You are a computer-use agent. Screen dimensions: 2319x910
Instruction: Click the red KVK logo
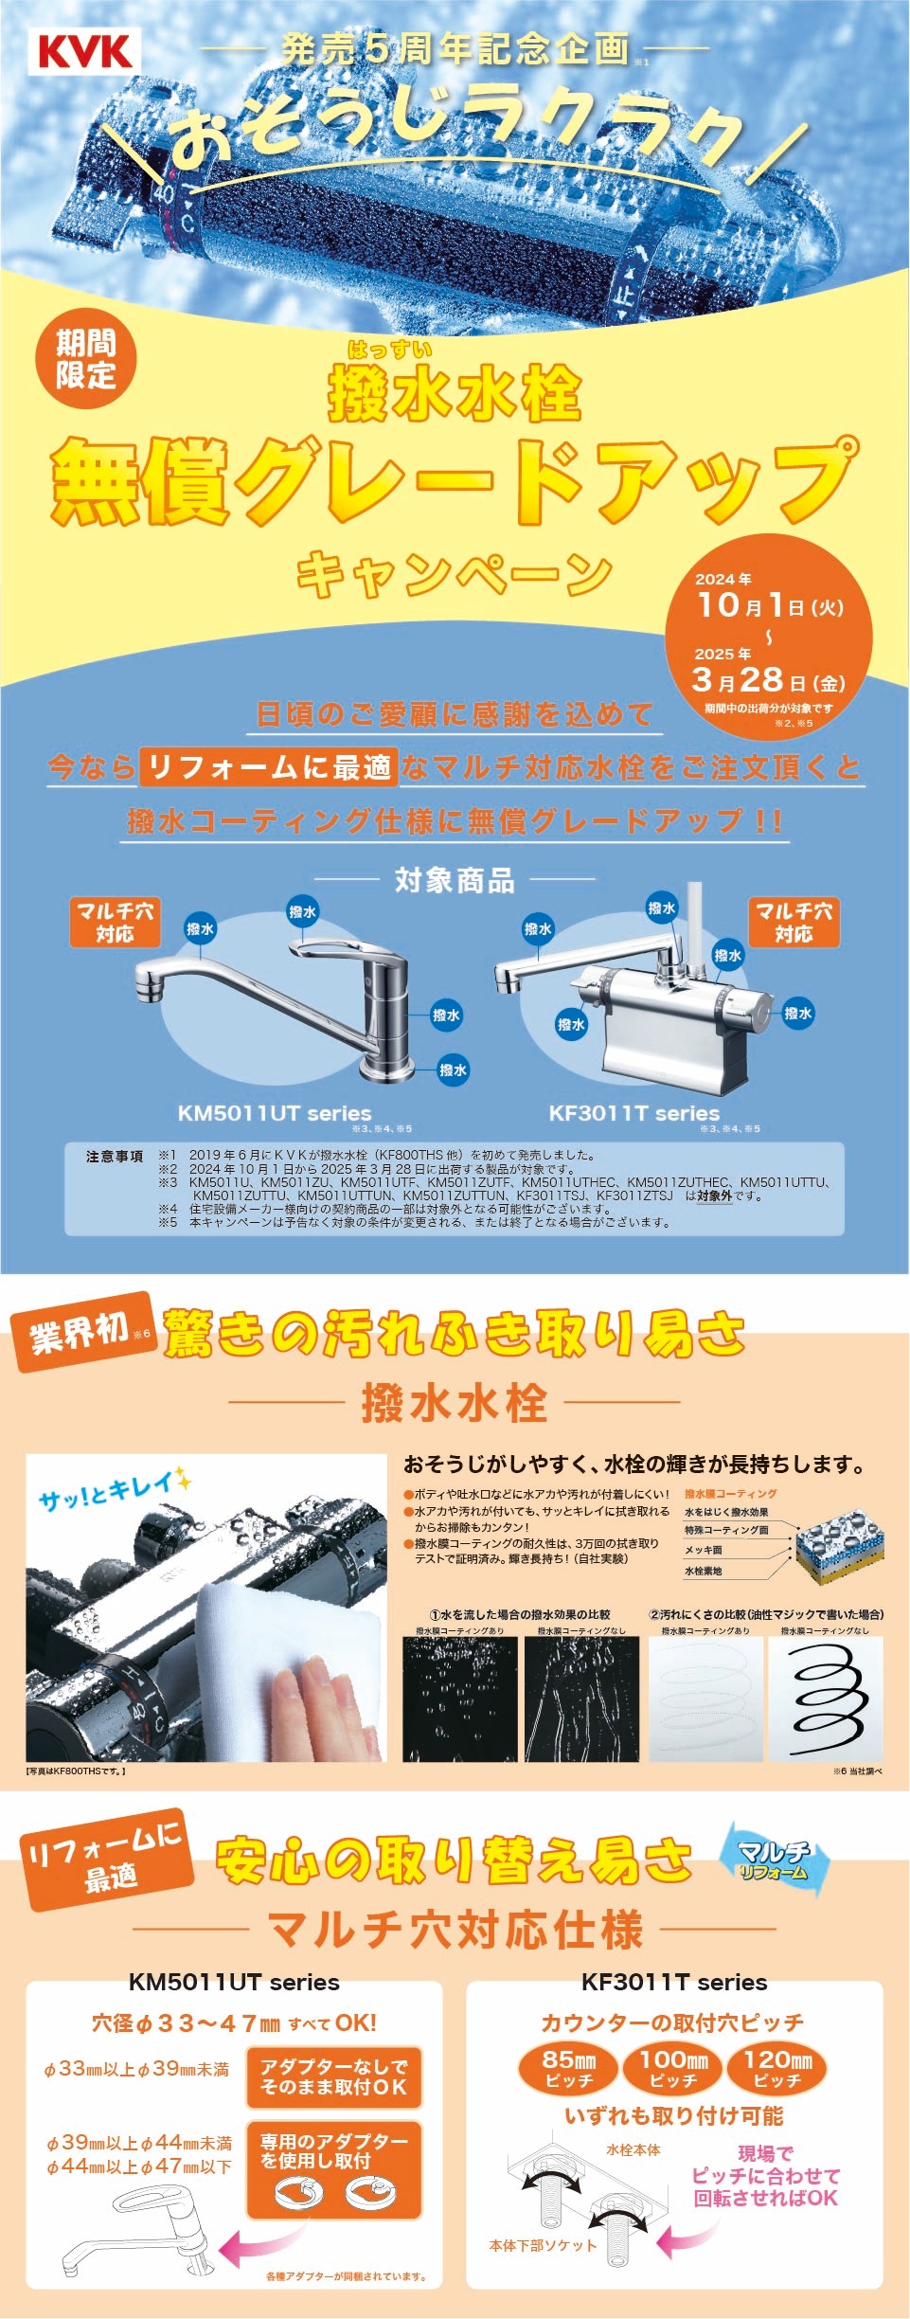tap(84, 51)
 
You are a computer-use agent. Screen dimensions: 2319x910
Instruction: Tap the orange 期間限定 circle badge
tap(85, 359)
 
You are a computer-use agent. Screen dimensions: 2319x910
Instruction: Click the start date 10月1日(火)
tap(769, 604)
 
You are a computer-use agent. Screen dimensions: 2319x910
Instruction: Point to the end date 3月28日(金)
tap(768, 680)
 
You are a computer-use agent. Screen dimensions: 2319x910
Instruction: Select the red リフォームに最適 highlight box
tap(268, 766)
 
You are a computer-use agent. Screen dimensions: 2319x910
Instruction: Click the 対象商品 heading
tap(455, 880)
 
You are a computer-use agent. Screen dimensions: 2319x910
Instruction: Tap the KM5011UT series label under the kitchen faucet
tap(275, 1113)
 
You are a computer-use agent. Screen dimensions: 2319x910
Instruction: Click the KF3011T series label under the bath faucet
tap(634, 1113)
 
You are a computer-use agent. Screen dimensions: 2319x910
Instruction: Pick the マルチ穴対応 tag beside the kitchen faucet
tap(115, 922)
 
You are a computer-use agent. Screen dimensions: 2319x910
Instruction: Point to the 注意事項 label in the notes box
tap(115, 1156)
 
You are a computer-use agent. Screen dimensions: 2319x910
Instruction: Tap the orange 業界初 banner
tap(81, 1332)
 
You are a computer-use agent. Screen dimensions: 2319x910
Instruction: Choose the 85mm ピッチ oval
tap(568, 2068)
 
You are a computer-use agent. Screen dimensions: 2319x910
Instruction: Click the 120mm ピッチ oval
tap(776, 2068)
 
